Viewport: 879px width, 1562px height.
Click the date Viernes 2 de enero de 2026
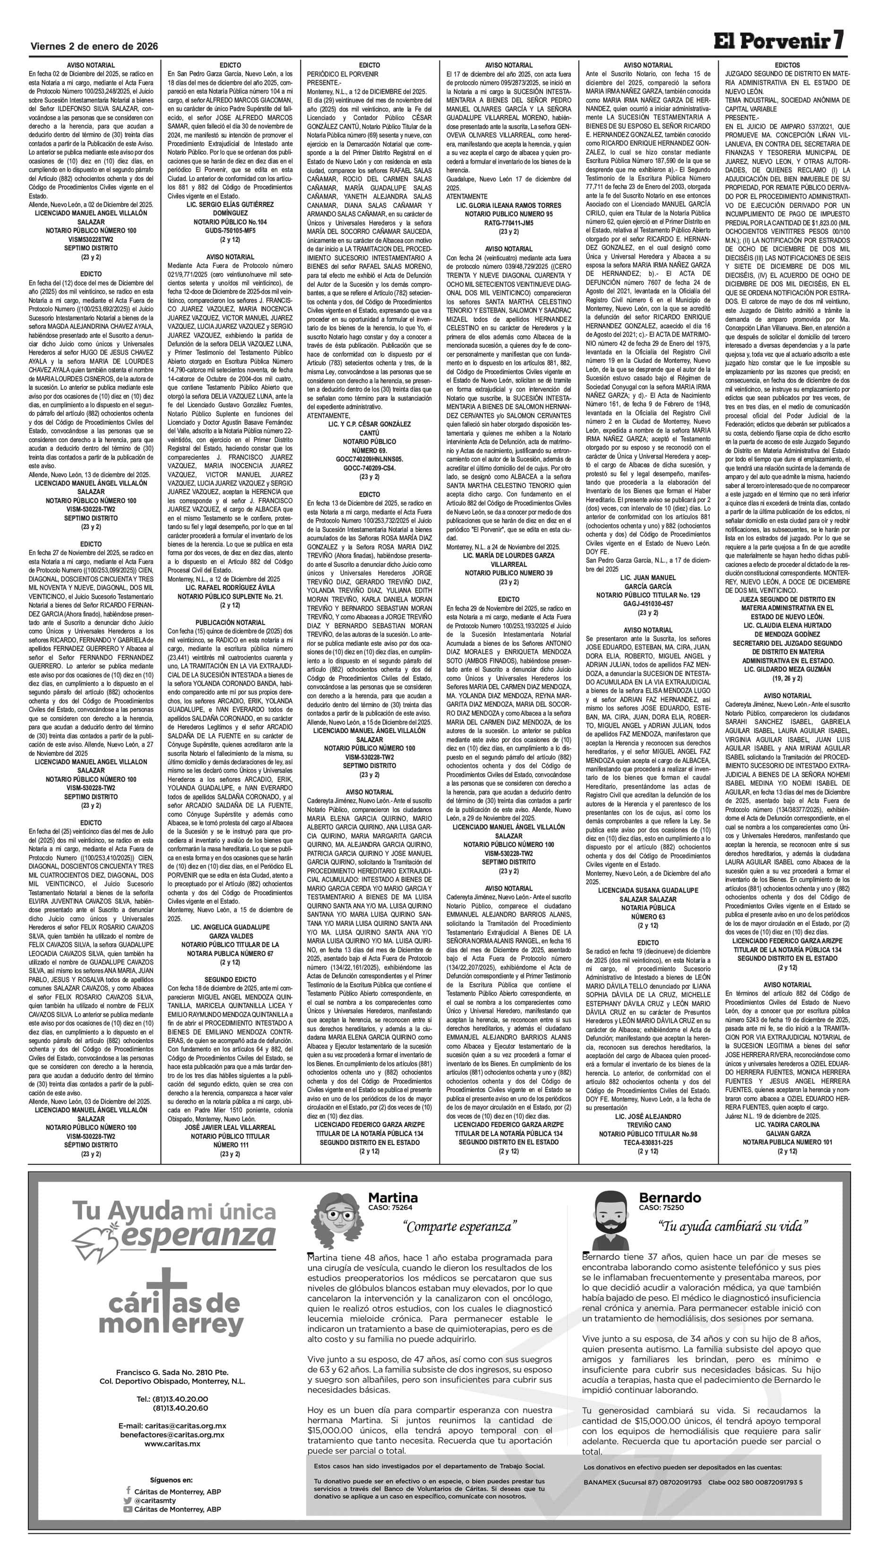point(94,47)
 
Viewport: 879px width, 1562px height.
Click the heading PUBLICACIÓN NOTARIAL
point(230,622)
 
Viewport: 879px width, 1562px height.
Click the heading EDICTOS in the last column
point(787,65)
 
